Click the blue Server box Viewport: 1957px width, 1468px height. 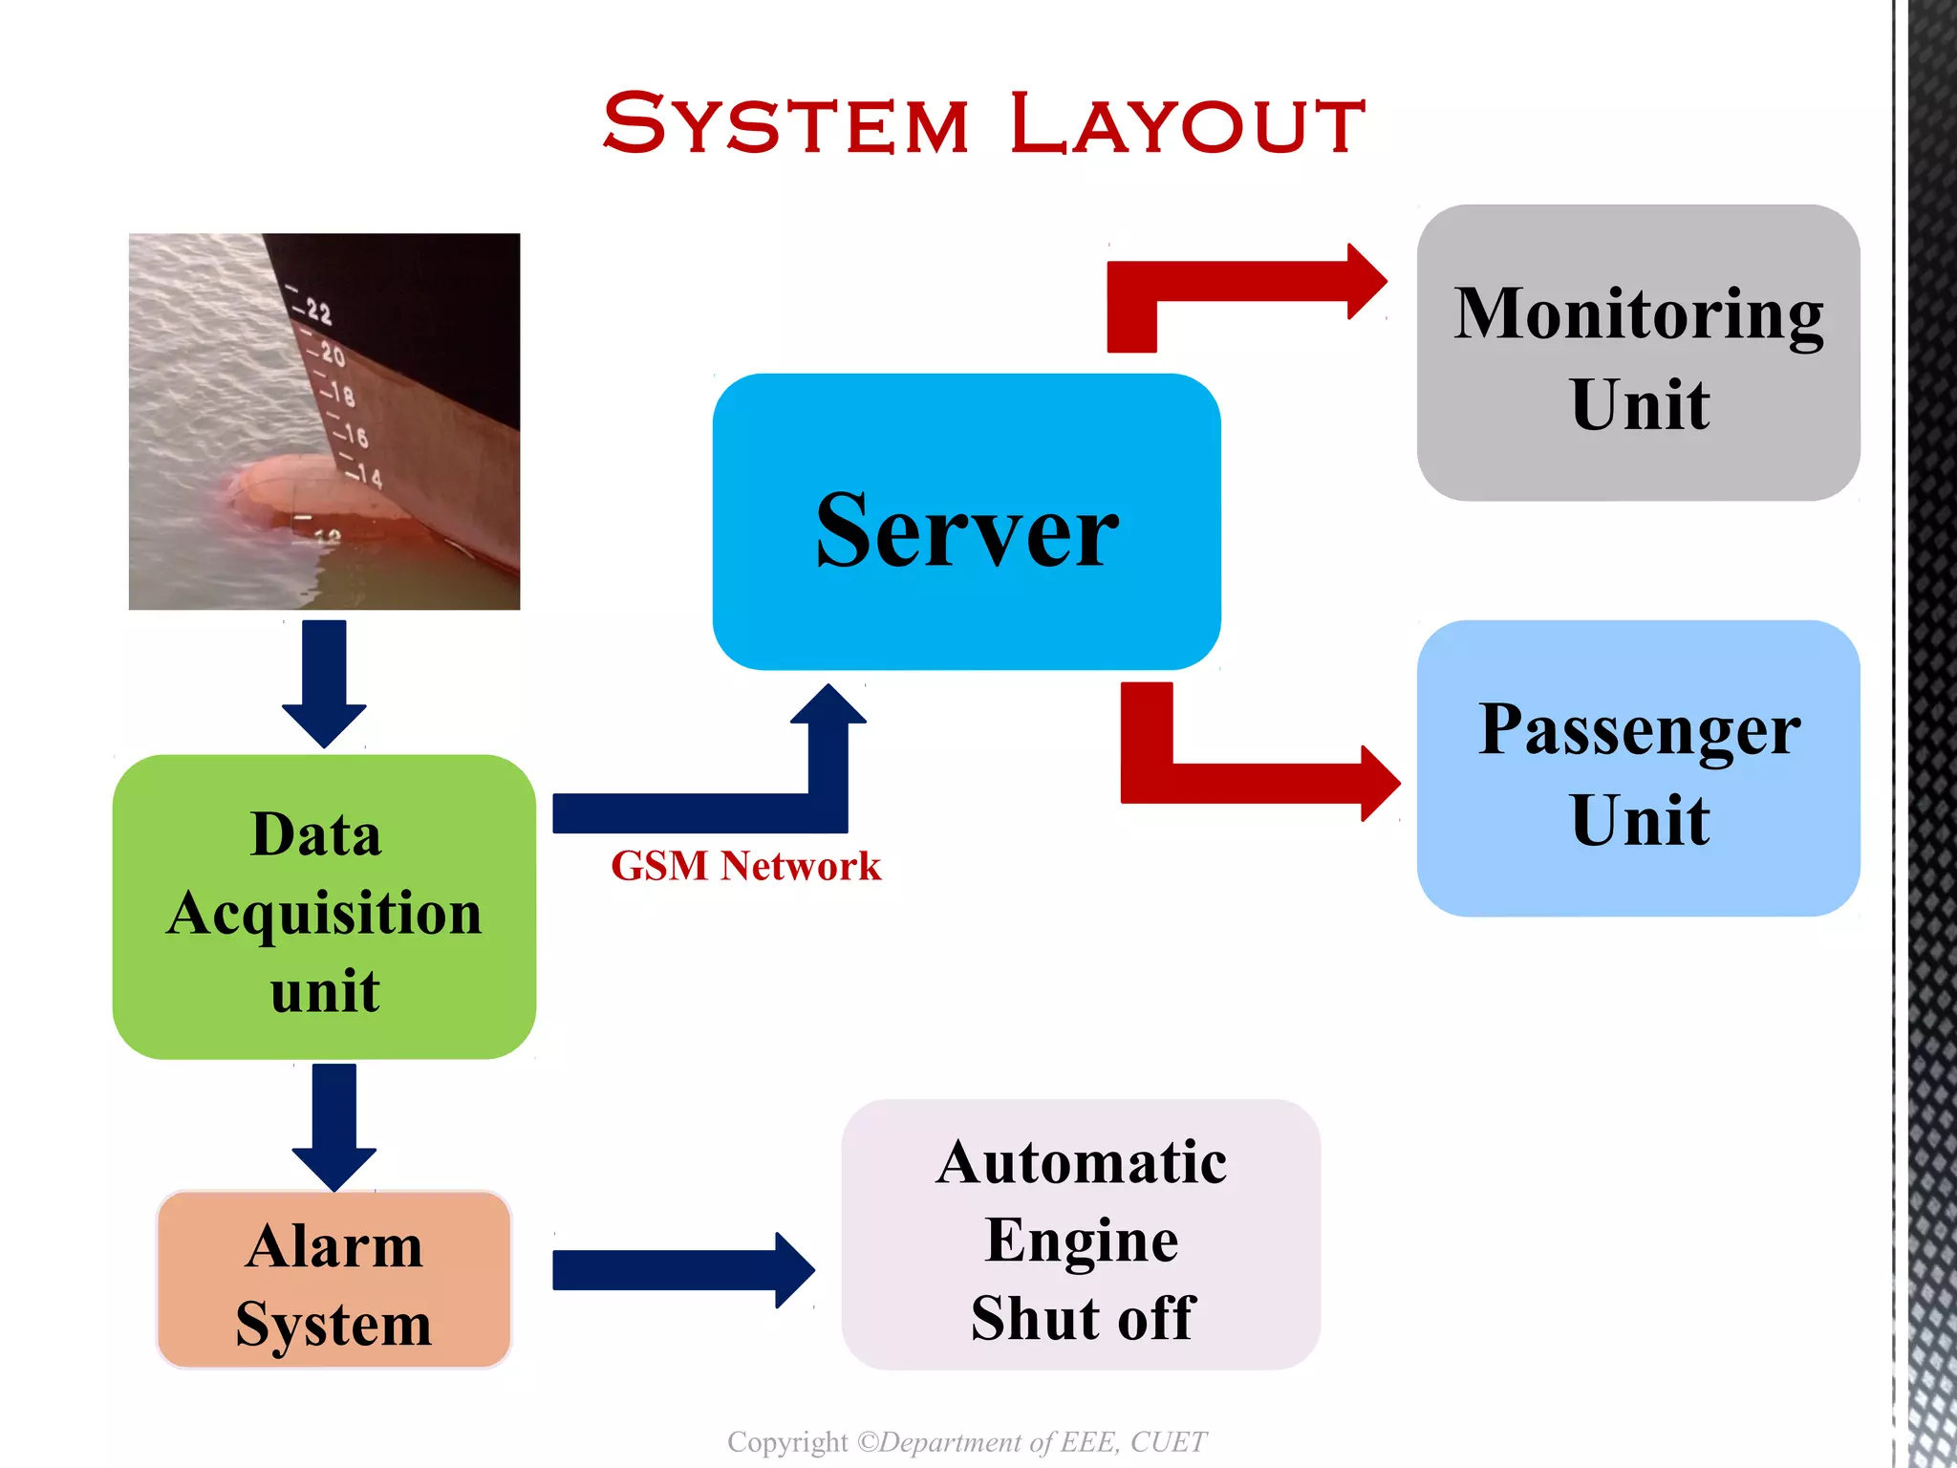(x=966, y=522)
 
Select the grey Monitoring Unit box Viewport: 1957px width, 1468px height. (x=1638, y=353)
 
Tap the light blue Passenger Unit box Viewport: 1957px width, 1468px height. (x=1638, y=768)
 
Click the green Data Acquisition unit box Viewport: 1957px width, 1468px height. (x=324, y=907)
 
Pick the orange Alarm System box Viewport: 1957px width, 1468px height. (x=333, y=1280)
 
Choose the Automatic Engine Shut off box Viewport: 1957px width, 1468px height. (x=1081, y=1235)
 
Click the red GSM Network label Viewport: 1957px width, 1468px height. (x=744, y=866)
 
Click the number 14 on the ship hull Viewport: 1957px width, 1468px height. (x=369, y=476)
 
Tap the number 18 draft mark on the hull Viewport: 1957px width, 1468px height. (x=342, y=394)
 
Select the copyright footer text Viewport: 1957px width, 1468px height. (x=966, y=1441)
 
